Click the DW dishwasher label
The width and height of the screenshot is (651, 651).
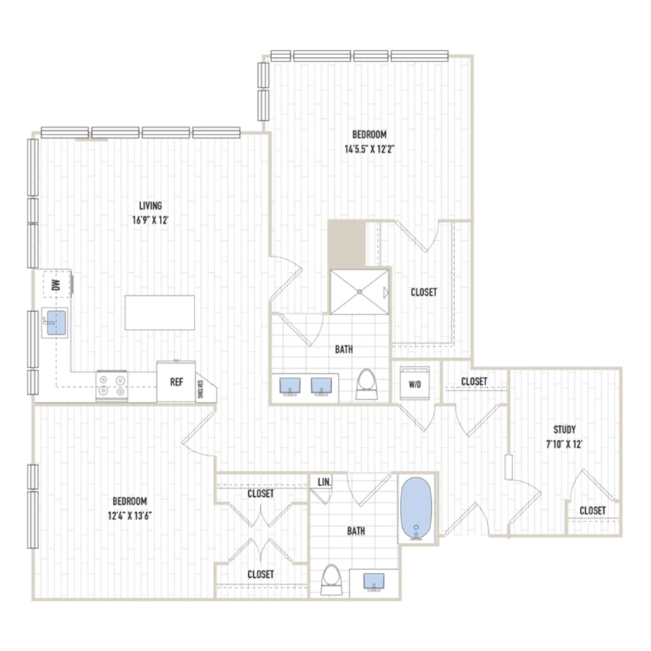click(x=56, y=284)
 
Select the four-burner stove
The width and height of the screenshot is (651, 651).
click(x=111, y=386)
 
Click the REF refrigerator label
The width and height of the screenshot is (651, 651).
click(x=176, y=382)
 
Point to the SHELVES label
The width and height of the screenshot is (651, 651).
click(x=200, y=389)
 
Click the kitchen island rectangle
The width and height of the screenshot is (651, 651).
click(x=160, y=312)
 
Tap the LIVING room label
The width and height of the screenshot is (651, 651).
click(x=150, y=206)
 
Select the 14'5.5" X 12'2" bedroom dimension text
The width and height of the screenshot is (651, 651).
click(x=369, y=149)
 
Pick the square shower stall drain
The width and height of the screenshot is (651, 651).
click(x=359, y=292)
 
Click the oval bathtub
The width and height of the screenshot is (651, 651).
click(x=417, y=509)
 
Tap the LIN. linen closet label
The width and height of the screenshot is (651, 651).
click(x=324, y=482)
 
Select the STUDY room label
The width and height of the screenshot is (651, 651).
click(x=564, y=429)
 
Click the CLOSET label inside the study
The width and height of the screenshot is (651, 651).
click(x=592, y=510)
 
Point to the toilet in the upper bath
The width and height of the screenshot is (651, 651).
click(x=366, y=385)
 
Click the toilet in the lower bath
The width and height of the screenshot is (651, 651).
click(x=331, y=579)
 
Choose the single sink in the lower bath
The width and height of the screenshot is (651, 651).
click(x=374, y=581)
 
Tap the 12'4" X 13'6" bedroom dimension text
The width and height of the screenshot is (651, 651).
click(x=130, y=516)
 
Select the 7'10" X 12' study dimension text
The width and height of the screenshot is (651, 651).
click(x=564, y=444)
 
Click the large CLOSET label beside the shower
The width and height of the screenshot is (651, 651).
click(x=424, y=292)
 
